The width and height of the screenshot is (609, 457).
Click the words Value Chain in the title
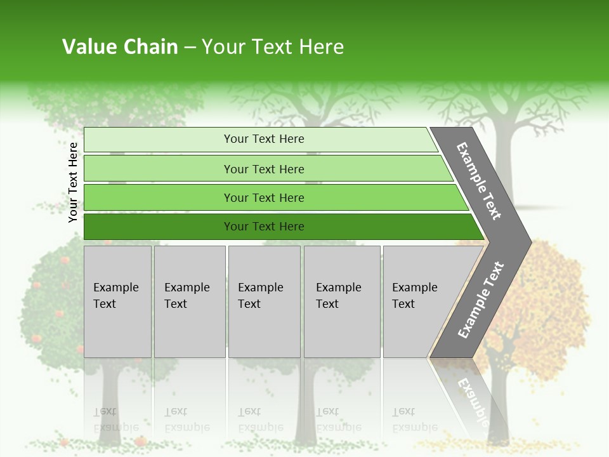120,47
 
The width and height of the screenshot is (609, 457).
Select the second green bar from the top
264,169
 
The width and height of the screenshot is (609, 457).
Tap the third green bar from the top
264,197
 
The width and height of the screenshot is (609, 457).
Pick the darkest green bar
264,227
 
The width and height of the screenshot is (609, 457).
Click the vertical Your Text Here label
73,182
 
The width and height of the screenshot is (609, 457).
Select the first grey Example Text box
117,301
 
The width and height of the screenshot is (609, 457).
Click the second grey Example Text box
189,301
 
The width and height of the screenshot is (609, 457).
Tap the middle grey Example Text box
264,301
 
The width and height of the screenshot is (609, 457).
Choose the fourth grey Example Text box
341,301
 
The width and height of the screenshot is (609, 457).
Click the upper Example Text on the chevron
479,181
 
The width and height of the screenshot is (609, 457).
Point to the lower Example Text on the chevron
480,300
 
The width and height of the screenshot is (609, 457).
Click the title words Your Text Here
273,47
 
